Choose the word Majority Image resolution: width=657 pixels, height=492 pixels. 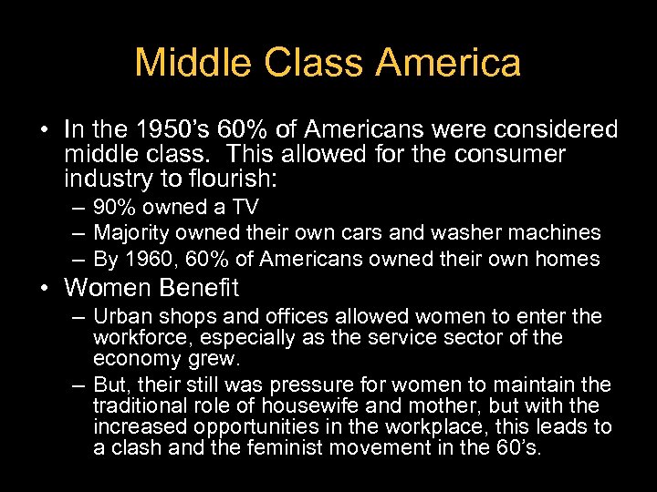128,233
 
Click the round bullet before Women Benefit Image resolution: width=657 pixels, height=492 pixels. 46,289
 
